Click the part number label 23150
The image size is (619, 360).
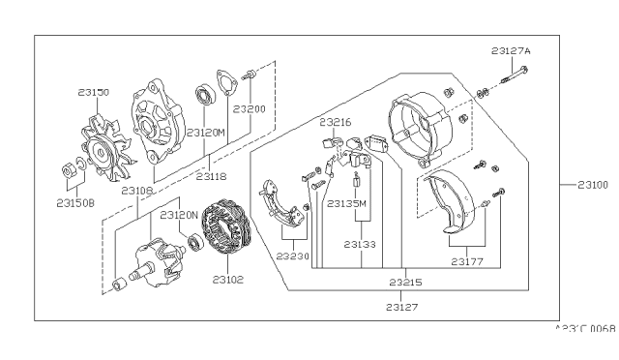click(x=94, y=93)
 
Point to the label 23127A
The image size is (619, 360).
click(x=510, y=50)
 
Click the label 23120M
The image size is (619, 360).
click(x=205, y=132)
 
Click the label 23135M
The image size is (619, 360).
click(x=347, y=204)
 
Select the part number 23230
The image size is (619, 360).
click(x=293, y=256)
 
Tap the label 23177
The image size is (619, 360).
click(x=469, y=260)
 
